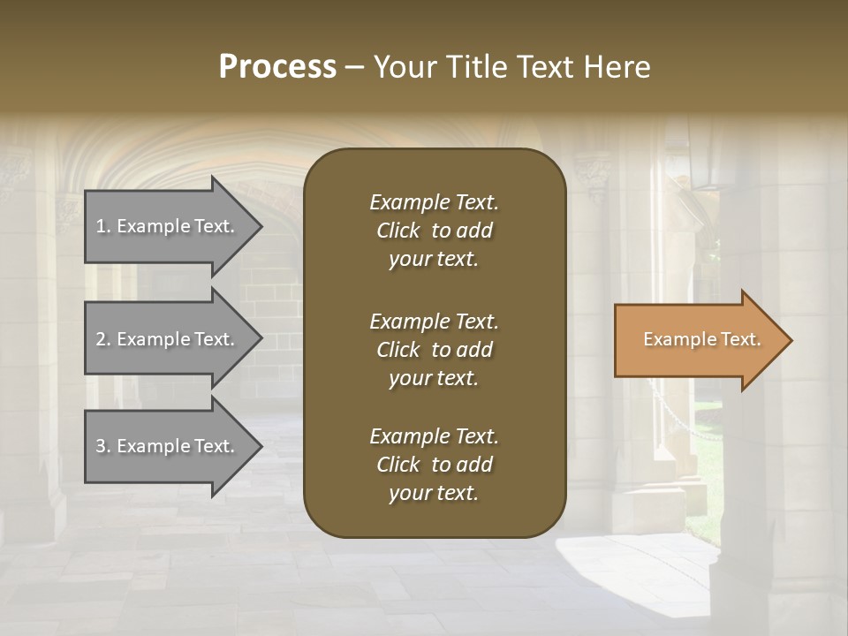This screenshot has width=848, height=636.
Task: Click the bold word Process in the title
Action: pyautogui.click(x=277, y=67)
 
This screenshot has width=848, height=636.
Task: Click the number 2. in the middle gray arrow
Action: pyautogui.click(x=103, y=339)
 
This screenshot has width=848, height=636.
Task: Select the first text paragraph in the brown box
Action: pyautogui.click(x=434, y=231)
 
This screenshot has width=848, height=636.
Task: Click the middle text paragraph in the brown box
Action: pyautogui.click(x=434, y=349)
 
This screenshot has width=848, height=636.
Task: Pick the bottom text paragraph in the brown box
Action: pyautogui.click(x=434, y=465)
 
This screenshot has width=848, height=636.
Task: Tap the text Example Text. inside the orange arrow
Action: pyautogui.click(x=701, y=339)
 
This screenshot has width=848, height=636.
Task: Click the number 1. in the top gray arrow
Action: pyautogui.click(x=102, y=226)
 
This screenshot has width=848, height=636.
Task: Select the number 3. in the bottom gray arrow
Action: pyautogui.click(x=103, y=446)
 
